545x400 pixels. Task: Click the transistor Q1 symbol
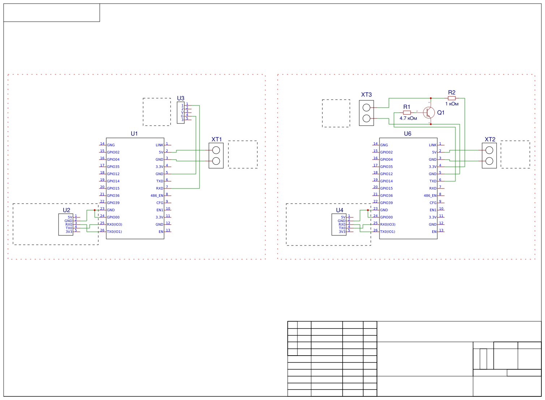[x=429, y=113]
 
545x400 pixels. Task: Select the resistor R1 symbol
[x=407, y=113]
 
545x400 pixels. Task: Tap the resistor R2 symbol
[x=452, y=98]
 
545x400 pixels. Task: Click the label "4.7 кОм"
[x=408, y=118]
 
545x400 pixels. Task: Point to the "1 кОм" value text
[x=452, y=104]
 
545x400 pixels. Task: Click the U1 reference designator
[x=134, y=134]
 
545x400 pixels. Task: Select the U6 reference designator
[x=407, y=134]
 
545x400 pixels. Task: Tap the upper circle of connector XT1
[x=216, y=150]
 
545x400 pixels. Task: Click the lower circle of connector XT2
[x=489, y=161]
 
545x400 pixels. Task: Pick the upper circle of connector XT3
[x=366, y=108]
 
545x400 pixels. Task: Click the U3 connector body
[x=181, y=113]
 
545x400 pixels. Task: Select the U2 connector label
[x=66, y=210]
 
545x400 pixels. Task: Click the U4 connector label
[x=340, y=210]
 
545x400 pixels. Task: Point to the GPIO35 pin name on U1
[x=113, y=167]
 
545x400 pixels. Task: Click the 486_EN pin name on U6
[x=430, y=196]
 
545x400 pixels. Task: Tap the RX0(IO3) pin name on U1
[x=115, y=225]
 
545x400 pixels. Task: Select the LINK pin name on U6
[x=433, y=145]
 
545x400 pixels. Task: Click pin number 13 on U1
[x=168, y=230]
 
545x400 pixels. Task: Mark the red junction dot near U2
[x=95, y=210]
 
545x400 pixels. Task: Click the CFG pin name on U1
[x=160, y=203]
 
